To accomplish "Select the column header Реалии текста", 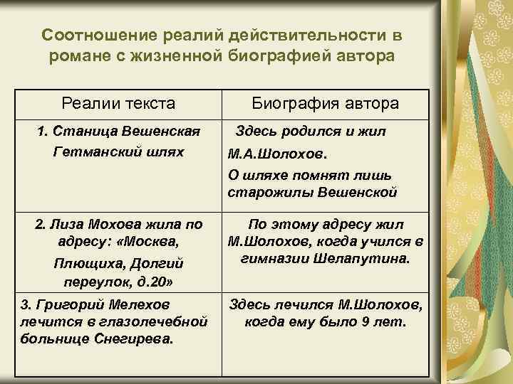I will [118, 104].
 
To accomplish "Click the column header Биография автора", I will [326, 104].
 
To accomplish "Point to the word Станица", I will [76, 132].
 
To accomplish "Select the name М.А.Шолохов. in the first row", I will [269, 154].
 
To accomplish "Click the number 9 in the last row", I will [364, 322].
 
